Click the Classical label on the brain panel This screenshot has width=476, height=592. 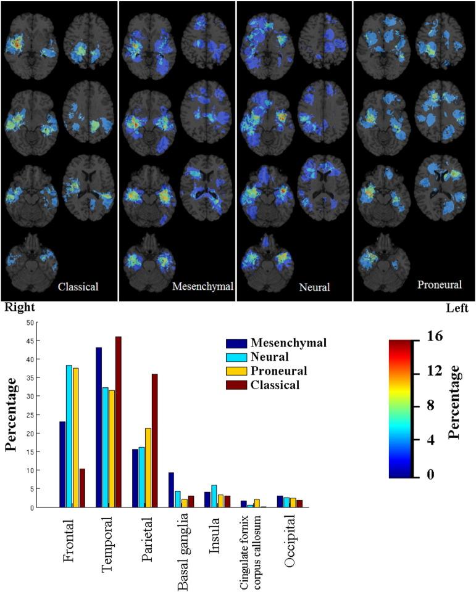[x=78, y=287]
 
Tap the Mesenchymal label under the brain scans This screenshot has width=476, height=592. [x=203, y=287]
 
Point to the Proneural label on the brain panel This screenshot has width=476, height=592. [x=439, y=284]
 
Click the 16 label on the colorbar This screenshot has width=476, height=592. [x=433, y=337]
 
